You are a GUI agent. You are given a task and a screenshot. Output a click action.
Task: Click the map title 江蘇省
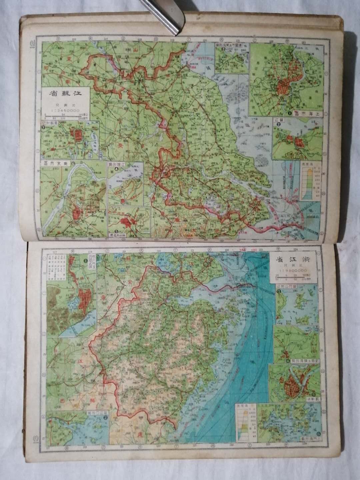65,95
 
